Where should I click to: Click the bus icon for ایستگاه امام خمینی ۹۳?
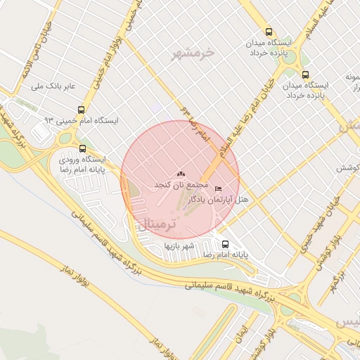(82, 110)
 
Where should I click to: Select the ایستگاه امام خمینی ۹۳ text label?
(82, 121)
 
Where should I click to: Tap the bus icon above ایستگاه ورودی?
(83, 148)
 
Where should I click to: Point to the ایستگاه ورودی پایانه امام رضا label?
(82, 165)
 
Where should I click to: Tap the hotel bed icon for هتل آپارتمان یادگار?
(218, 189)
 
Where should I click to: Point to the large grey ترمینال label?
(153, 225)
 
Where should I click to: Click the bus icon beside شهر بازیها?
(224, 244)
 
